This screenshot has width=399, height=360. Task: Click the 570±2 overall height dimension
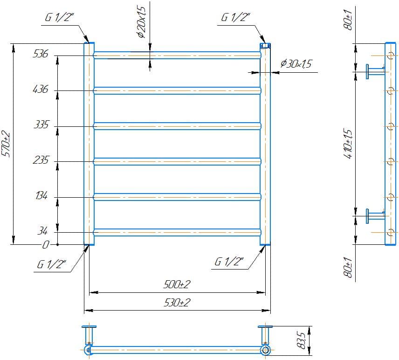tap(6, 144)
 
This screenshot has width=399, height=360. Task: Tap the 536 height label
tap(41, 54)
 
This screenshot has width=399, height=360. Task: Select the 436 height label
tap(41, 89)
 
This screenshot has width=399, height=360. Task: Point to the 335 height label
tap(41, 125)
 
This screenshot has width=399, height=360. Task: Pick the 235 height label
tap(41, 160)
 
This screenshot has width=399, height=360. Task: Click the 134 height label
tap(41, 195)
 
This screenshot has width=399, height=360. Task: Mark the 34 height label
tap(42, 231)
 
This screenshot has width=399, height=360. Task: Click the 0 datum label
tap(45, 245)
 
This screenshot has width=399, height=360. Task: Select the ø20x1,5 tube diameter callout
tap(141, 22)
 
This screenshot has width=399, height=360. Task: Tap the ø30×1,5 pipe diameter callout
tap(296, 63)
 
